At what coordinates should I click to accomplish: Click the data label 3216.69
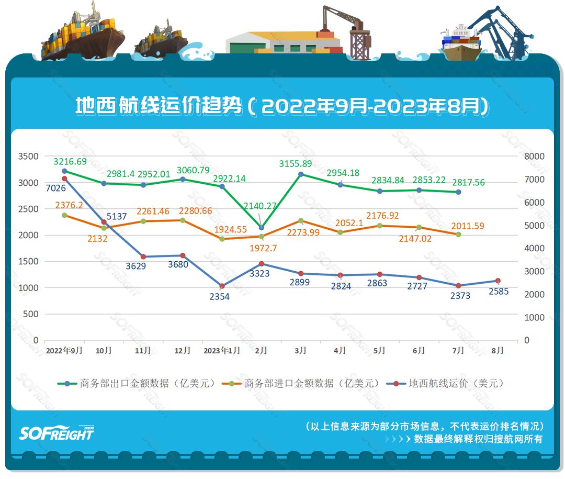click(x=70, y=161)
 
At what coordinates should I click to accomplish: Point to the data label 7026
click(x=55, y=187)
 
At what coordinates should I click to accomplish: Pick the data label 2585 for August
click(x=498, y=292)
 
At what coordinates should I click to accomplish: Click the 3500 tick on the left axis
click(x=28, y=156)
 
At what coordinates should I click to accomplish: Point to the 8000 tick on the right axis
click(x=534, y=156)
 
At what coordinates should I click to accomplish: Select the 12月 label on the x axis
click(x=182, y=351)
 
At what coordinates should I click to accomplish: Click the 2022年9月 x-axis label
click(x=64, y=351)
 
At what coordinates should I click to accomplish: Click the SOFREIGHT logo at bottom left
click(x=56, y=432)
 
